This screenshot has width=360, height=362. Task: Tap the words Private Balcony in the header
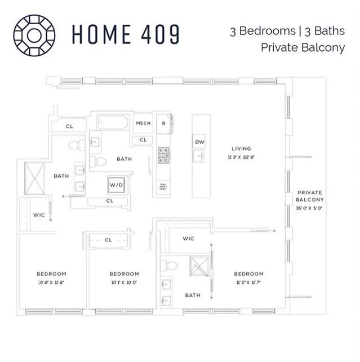click(x=303, y=47)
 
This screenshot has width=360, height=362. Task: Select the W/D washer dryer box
click(x=116, y=185)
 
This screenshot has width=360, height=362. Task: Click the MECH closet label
click(x=142, y=123)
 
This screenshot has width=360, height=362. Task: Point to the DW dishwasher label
click(x=199, y=142)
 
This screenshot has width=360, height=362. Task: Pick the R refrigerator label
click(x=163, y=123)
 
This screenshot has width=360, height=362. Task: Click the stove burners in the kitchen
click(x=164, y=155)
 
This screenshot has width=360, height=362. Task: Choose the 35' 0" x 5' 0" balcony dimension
click(x=310, y=208)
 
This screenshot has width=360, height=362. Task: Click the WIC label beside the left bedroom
click(x=39, y=214)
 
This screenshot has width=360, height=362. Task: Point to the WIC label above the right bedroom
click(x=188, y=239)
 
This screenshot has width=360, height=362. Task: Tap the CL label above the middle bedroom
click(x=109, y=240)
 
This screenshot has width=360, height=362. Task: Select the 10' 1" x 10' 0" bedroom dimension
click(x=124, y=283)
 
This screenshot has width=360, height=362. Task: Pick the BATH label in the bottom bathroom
click(x=193, y=294)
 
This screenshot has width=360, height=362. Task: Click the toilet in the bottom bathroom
click(x=171, y=265)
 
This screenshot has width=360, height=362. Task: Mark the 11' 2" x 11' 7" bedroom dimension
click(x=248, y=283)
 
